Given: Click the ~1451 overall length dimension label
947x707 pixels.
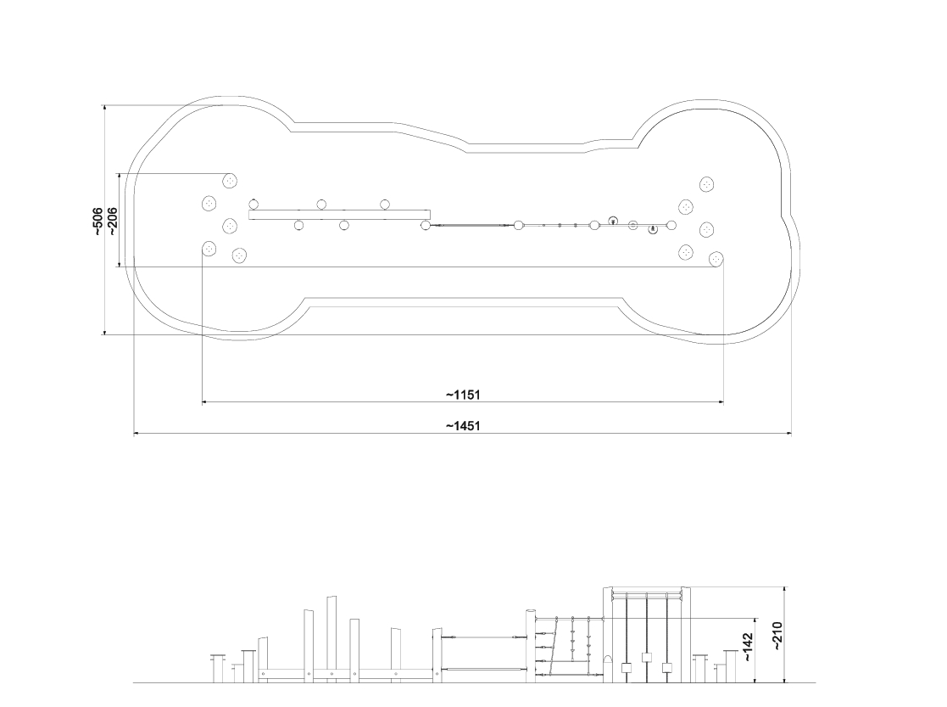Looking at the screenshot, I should [462, 426].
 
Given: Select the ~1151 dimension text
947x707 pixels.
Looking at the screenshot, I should [462, 395].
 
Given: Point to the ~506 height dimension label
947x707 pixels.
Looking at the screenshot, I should [97, 221].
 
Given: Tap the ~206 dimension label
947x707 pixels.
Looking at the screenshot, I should [112, 221].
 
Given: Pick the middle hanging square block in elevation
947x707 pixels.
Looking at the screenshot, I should [647, 658].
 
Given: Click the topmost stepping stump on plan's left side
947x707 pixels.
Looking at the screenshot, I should [230, 180].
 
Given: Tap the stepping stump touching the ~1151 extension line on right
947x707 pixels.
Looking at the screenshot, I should [717, 259].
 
